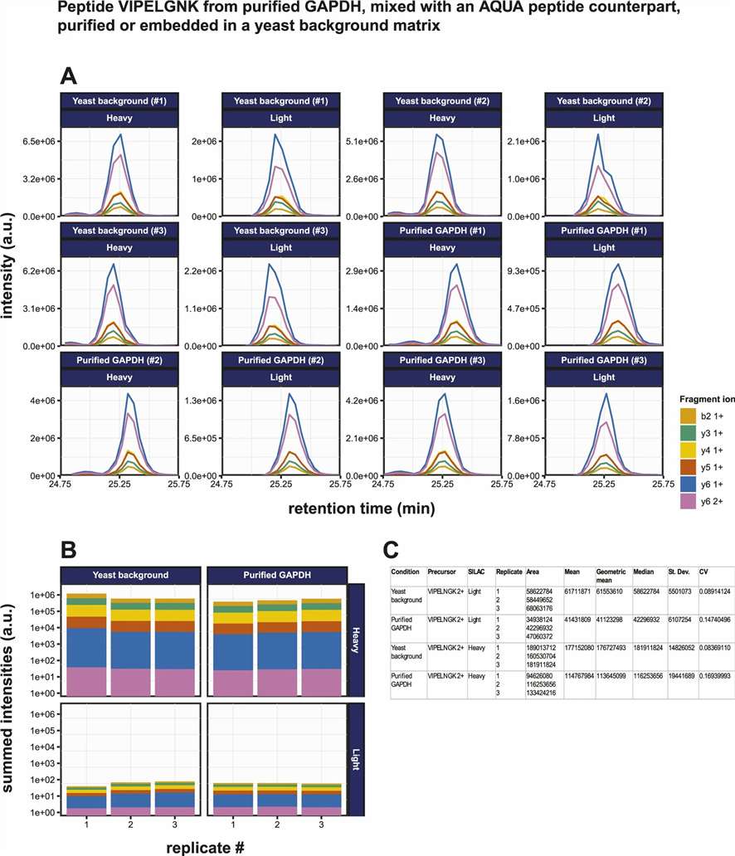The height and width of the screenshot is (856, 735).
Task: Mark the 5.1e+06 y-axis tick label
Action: point(362,142)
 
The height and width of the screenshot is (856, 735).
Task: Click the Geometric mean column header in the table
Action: point(610,576)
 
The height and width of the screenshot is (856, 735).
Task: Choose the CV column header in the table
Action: point(703,571)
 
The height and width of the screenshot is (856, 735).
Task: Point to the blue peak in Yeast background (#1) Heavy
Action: point(121,134)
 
